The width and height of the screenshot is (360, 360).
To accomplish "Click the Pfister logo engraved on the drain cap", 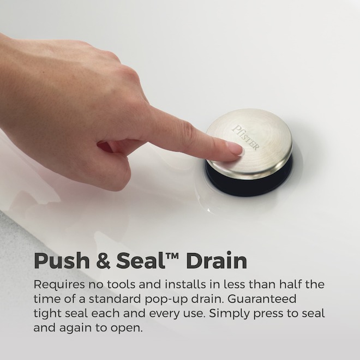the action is click(x=245, y=137).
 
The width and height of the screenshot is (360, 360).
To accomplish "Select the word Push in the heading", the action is click(x=62, y=261).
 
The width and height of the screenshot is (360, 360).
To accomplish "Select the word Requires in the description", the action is click(x=59, y=285).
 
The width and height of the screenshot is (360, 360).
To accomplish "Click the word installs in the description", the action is click(x=185, y=285).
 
